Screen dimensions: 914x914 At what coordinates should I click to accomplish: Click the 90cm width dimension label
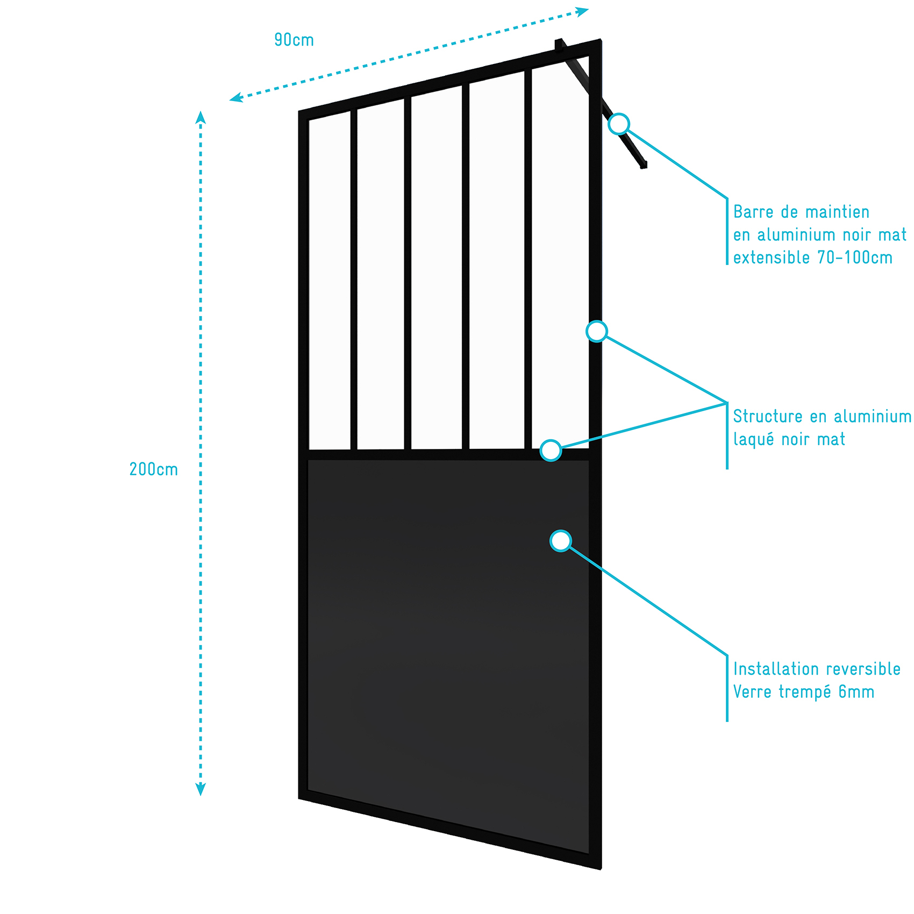(x=294, y=40)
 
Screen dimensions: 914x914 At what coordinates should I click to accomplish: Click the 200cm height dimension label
(x=154, y=469)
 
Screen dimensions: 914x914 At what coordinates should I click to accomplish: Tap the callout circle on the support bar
(x=619, y=124)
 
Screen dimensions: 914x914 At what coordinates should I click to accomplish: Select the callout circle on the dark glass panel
(x=561, y=541)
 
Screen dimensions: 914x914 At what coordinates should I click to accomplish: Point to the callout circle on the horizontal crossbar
(x=551, y=451)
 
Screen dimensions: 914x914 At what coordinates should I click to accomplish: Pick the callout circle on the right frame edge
(x=597, y=331)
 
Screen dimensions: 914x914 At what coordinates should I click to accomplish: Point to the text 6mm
(x=856, y=692)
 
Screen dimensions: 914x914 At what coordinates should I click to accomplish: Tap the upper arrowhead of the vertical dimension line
(x=201, y=117)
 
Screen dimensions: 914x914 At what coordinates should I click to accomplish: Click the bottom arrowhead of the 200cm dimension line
(x=201, y=789)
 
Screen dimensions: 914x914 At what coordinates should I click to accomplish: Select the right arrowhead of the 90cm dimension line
(x=582, y=11)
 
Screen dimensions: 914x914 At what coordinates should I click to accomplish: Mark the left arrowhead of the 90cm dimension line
(x=236, y=97)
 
